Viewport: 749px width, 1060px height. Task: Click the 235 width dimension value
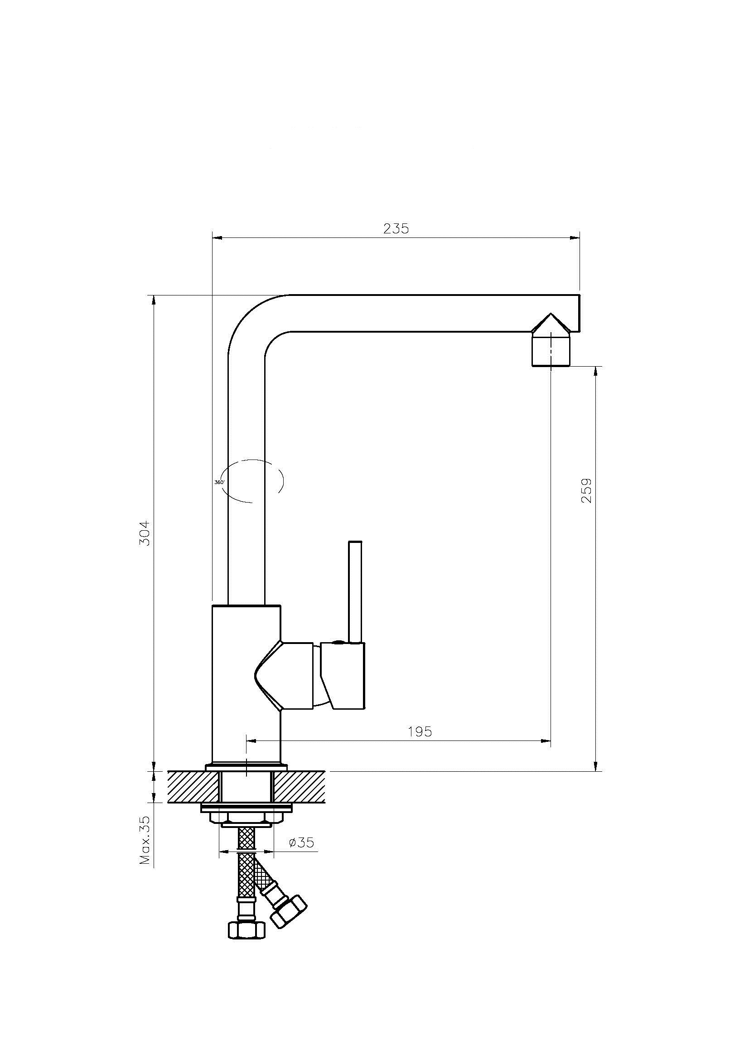click(x=396, y=228)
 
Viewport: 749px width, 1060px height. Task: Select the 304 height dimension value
click(x=145, y=533)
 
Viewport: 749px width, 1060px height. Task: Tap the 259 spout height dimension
click(x=586, y=491)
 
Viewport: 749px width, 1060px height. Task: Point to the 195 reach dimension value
click(x=420, y=731)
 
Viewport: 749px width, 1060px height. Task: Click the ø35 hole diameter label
click(x=301, y=842)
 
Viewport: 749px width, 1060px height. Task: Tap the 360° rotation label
click(x=220, y=482)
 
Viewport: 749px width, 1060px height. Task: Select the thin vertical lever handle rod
click(x=355, y=591)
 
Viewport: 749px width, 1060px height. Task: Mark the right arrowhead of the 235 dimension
click(x=575, y=238)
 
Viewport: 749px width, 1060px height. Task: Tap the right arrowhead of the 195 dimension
click(x=546, y=741)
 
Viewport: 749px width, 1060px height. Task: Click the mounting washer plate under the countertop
click(x=247, y=808)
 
